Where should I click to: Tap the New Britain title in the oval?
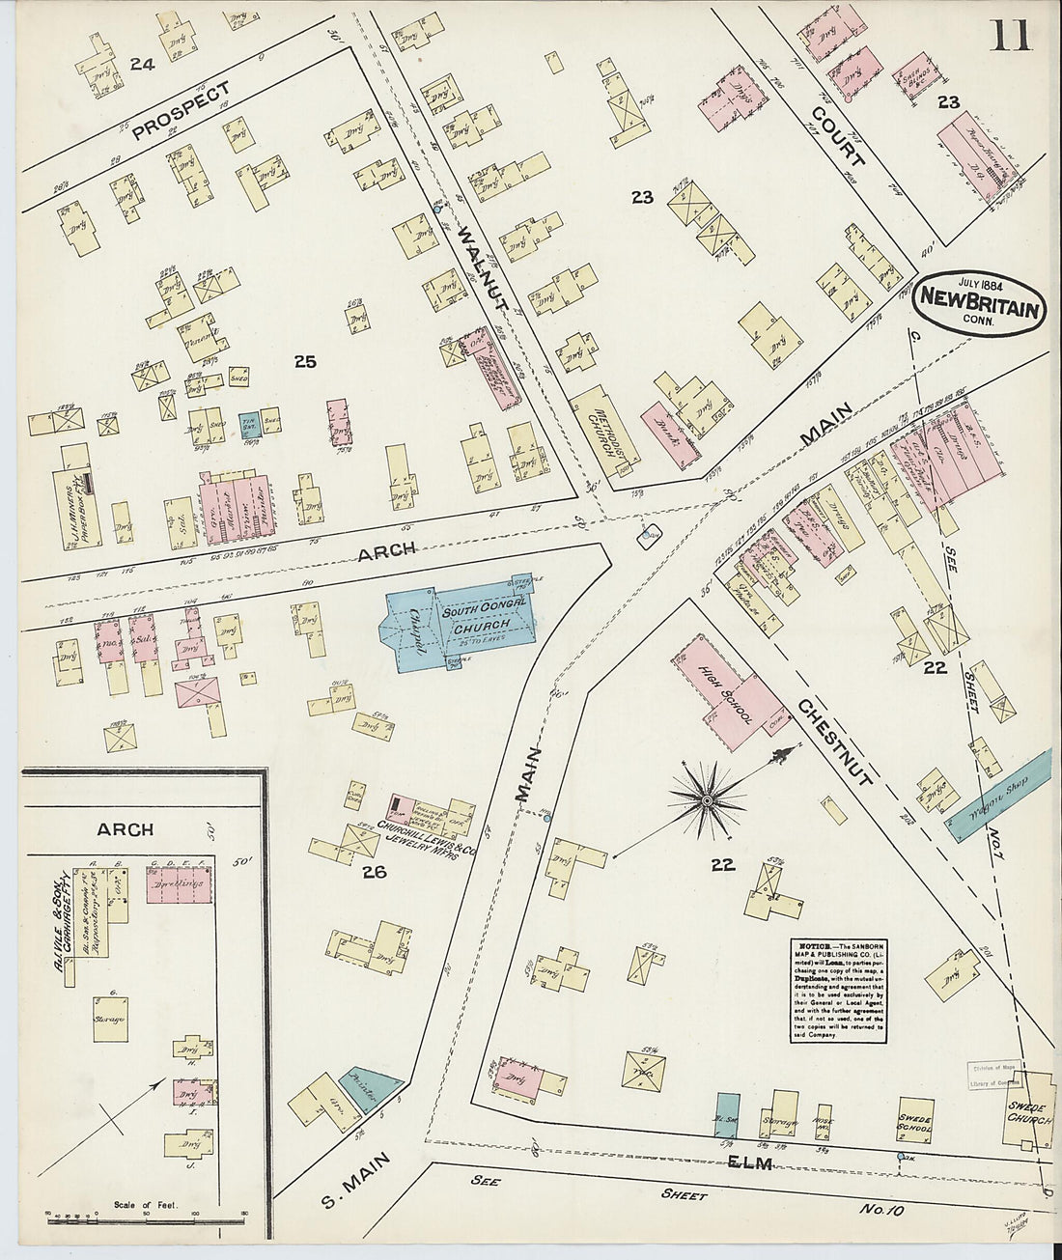coord(981,310)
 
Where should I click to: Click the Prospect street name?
coord(181,111)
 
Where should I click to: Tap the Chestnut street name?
coord(835,741)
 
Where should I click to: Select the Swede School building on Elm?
coord(915,1120)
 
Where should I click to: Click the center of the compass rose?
coord(707,800)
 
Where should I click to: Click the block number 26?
coord(374,874)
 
